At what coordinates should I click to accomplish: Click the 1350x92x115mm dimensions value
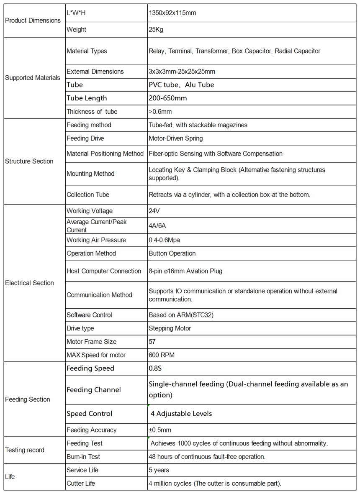[172, 13]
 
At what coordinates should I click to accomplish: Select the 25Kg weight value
[156, 30]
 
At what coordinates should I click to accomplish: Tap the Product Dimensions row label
[33, 20]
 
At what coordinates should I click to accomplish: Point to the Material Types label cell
[87, 51]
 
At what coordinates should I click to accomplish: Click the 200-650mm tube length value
[168, 98]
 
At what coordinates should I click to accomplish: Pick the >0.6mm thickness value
[160, 112]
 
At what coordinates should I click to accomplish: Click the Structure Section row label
[29, 161]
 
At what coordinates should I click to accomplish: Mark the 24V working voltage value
[154, 211]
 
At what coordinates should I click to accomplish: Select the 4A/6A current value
[157, 226]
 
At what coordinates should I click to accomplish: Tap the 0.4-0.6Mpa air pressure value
[164, 240]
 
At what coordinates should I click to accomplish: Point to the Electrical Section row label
[29, 283]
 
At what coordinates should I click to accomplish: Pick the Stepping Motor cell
[170, 328]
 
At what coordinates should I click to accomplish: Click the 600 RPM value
[162, 355]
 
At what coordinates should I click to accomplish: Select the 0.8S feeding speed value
[156, 369]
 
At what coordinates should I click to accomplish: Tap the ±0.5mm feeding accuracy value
[160, 430]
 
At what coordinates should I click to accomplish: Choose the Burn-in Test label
[83, 457]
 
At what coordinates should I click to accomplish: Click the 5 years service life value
[159, 470]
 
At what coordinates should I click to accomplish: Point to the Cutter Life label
[81, 484]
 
